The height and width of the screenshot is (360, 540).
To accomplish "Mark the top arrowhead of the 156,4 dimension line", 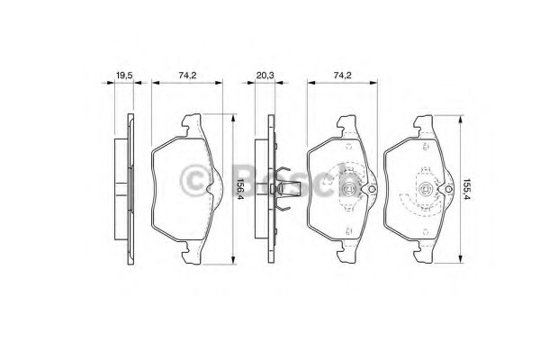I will pyautogui.click(x=233, y=116).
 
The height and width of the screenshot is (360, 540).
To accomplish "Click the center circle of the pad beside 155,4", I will pyautogui.click(x=426, y=189).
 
